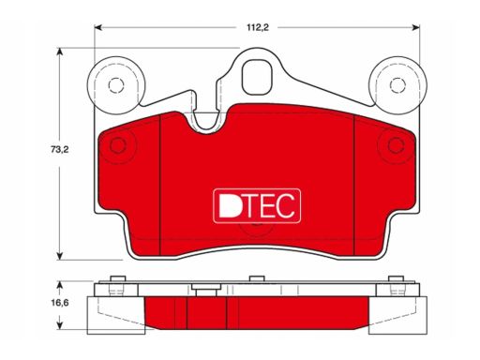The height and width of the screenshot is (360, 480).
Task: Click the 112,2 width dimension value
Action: pyautogui.click(x=258, y=27)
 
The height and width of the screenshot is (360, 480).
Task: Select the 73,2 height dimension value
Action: pyautogui.click(x=59, y=150)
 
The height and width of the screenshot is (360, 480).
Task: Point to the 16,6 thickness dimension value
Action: pyautogui.click(x=60, y=303)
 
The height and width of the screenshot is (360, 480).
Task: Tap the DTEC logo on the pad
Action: pyautogui.click(x=257, y=206)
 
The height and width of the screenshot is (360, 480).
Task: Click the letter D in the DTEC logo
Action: pyautogui.click(x=229, y=205)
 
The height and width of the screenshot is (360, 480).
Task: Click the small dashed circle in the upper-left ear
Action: pyautogui.click(x=116, y=85)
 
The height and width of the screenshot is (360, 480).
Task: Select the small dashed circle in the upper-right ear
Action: pyautogui.click(x=397, y=85)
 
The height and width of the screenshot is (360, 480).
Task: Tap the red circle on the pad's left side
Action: pyautogui.click(x=118, y=145)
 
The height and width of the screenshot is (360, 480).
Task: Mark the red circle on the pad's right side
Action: pyautogui.click(x=396, y=145)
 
